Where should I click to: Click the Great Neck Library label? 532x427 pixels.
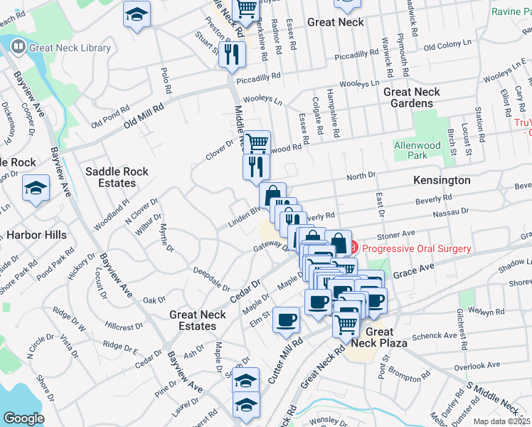pos(70,48)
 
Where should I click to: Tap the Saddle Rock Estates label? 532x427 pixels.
pos(110,177)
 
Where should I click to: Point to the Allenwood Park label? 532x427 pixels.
pos(417,150)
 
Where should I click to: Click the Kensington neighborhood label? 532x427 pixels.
pos(441,181)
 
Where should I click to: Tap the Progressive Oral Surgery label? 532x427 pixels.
pos(416,248)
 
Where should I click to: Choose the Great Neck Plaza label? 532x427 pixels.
pos(379,337)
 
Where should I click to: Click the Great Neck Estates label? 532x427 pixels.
pos(197,320)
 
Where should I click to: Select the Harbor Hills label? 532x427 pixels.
pos(36,235)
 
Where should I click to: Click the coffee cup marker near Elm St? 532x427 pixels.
pos(287,320)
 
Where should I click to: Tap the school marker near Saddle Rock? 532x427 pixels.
pos(35,189)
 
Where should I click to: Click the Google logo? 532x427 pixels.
pos(23,419)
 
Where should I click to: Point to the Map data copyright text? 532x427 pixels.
pos(502,421)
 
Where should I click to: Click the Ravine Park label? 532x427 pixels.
pos(511,12)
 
